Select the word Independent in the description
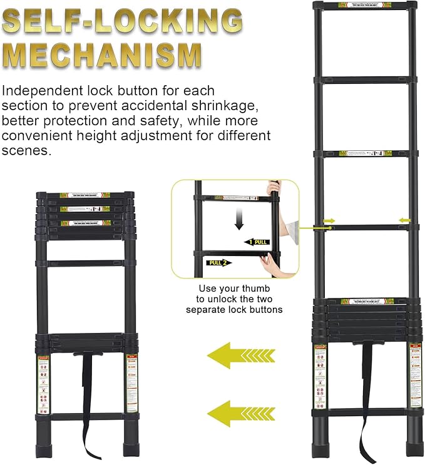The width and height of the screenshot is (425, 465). click(x=40, y=91)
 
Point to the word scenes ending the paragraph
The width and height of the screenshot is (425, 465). click(x=24, y=151)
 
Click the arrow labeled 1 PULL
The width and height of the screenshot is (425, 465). click(x=257, y=242)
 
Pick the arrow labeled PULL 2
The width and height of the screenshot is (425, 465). click(x=219, y=262)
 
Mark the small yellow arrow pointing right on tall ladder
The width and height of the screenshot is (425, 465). click(x=328, y=220)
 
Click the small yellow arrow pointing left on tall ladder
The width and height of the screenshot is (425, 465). click(x=405, y=220)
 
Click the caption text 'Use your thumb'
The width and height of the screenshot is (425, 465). click(x=234, y=289)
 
